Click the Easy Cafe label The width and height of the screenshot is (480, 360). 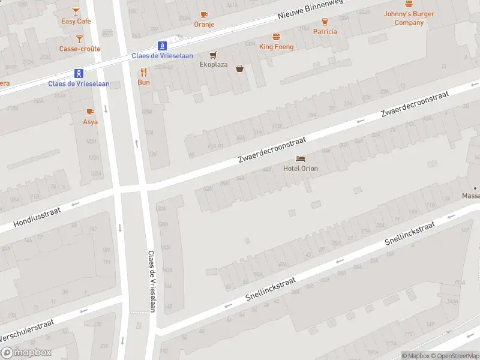click(x=76, y=21)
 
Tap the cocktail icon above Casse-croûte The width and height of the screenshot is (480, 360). click(x=80, y=39)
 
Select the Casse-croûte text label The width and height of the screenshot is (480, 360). click(x=80, y=49)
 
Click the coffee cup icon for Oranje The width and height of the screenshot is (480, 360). click(x=204, y=14)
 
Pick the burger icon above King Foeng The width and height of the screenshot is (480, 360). click(x=276, y=37)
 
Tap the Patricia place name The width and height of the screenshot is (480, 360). click(x=325, y=32)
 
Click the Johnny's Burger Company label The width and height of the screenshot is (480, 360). click(x=409, y=19)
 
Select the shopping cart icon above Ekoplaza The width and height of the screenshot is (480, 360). click(x=213, y=55)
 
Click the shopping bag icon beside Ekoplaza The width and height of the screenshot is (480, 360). click(x=240, y=68)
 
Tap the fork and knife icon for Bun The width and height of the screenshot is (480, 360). click(x=143, y=73)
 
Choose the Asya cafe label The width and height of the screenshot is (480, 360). click(x=90, y=122)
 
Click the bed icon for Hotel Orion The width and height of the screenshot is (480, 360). click(x=301, y=158)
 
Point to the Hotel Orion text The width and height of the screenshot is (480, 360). click(x=301, y=169)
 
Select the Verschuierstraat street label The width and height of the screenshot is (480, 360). click(x=27, y=331)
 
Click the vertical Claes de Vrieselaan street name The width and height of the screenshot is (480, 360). click(x=152, y=278)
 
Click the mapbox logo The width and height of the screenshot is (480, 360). click(x=26, y=353)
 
